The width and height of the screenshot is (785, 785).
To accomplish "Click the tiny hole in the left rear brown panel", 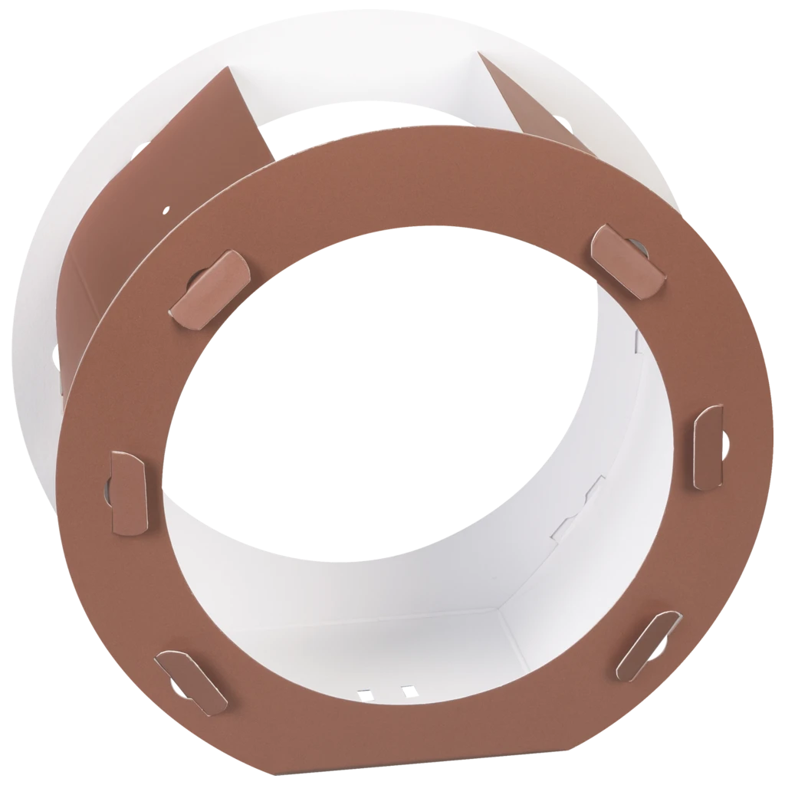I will coord(166,208).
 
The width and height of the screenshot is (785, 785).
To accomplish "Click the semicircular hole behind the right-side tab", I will coord(724,439).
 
